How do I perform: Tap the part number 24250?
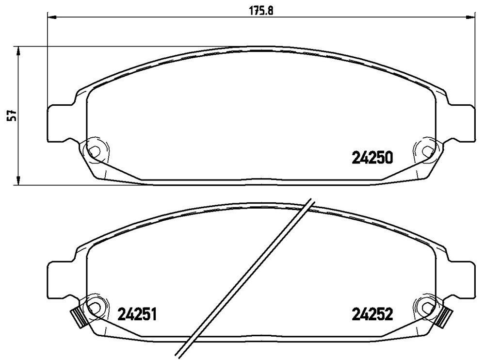click(372, 158)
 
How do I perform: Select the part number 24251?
click(137, 315)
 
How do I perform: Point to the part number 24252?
click(372, 315)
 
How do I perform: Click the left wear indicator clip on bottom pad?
click(78, 318)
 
